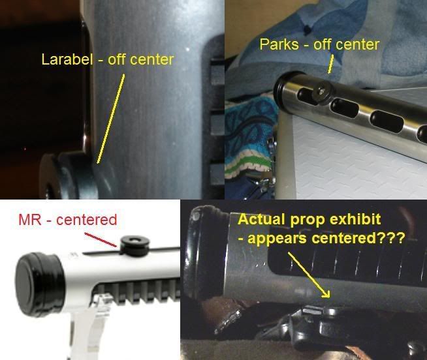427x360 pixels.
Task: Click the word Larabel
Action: tap(67, 59)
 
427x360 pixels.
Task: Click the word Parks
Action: tap(279, 44)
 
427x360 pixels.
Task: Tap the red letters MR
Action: tap(29, 220)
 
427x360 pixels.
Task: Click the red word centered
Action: tap(87, 220)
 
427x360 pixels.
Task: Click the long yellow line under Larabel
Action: tap(111, 119)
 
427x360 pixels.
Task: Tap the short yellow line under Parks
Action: tap(330, 64)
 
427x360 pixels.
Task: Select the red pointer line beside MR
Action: tap(102, 240)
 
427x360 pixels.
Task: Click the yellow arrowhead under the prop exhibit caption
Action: tap(326, 294)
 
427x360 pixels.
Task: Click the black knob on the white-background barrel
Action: tap(134, 245)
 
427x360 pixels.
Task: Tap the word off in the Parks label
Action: tap(324, 44)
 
